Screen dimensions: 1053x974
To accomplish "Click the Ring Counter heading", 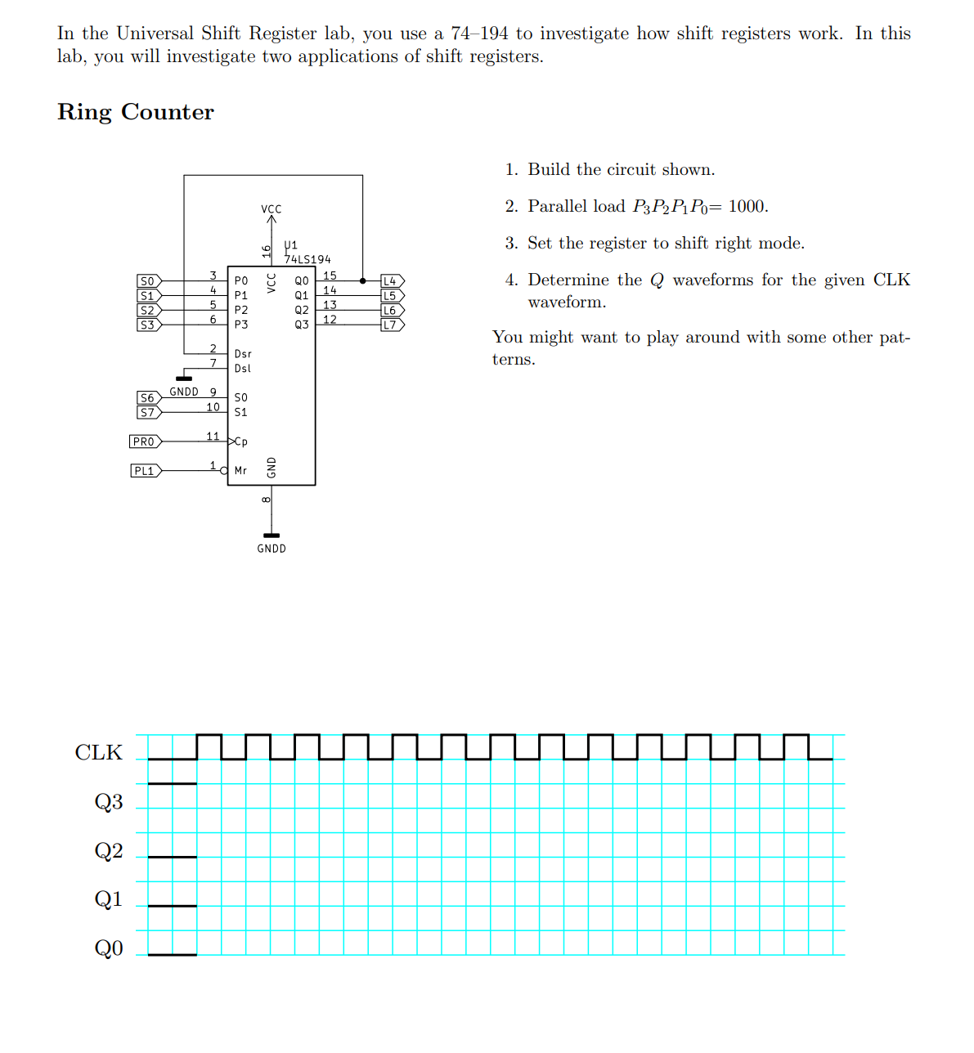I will [x=136, y=112].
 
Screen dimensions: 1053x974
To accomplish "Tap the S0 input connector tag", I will [x=148, y=281].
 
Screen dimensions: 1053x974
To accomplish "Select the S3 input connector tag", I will [x=148, y=325].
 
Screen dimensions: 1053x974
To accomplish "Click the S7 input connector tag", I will [x=148, y=412].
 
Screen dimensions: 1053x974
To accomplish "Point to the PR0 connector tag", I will [x=145, y=441].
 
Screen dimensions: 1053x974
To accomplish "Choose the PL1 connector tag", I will [x=145, y=471].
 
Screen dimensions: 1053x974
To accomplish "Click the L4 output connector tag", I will [x=392, y=281].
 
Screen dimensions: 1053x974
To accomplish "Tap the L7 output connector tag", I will [x=392, y=325].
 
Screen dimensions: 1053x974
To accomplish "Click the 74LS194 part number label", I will [x=307, y=259].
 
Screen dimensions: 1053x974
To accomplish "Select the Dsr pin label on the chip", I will [x=243, y=354].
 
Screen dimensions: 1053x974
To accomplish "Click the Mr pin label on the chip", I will [x=240, y=471].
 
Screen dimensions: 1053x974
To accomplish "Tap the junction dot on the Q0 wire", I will [x=362, y=281].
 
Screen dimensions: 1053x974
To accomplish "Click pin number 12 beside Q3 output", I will [x=330, y=319].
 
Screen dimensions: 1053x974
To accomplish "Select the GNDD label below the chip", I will [x=272, y=549].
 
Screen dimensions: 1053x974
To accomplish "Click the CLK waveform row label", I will [x=99, y=752].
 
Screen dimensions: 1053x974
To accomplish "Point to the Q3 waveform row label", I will [x=109, y=801].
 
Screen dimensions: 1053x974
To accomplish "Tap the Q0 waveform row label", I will [x=109, y=948].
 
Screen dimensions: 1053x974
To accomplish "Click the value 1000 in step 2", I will [x=747, y=206].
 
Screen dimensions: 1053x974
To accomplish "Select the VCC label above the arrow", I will [x=272, y=209].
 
